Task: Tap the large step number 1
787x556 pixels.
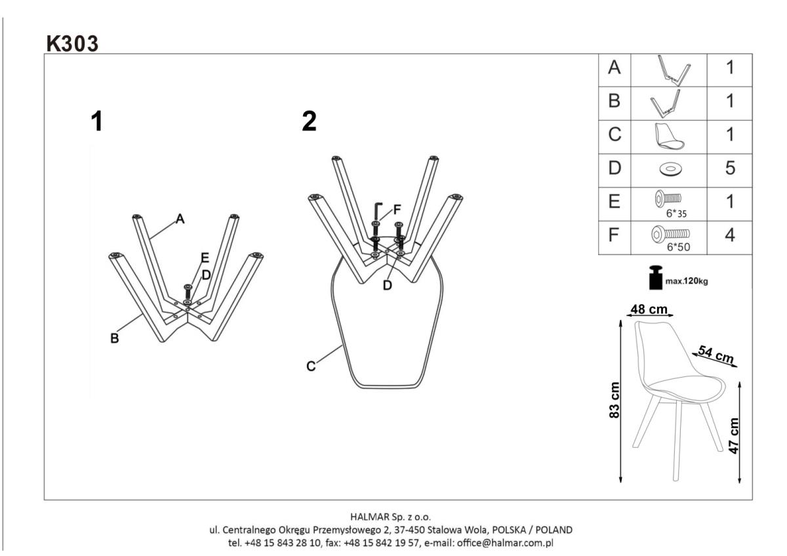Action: coord(97,121)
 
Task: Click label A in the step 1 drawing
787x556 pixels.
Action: coord(180,220)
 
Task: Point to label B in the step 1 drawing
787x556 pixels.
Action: coord(114,339)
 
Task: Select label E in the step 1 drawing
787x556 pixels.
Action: coord(205,258)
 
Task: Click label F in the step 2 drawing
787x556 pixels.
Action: coord(397,210)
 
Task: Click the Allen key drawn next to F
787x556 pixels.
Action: coord(377,211)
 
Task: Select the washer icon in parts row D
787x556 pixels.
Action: coord(668,170)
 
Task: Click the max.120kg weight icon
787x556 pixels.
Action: coord(656,278)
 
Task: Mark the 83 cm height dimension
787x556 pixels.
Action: coord(616,401)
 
